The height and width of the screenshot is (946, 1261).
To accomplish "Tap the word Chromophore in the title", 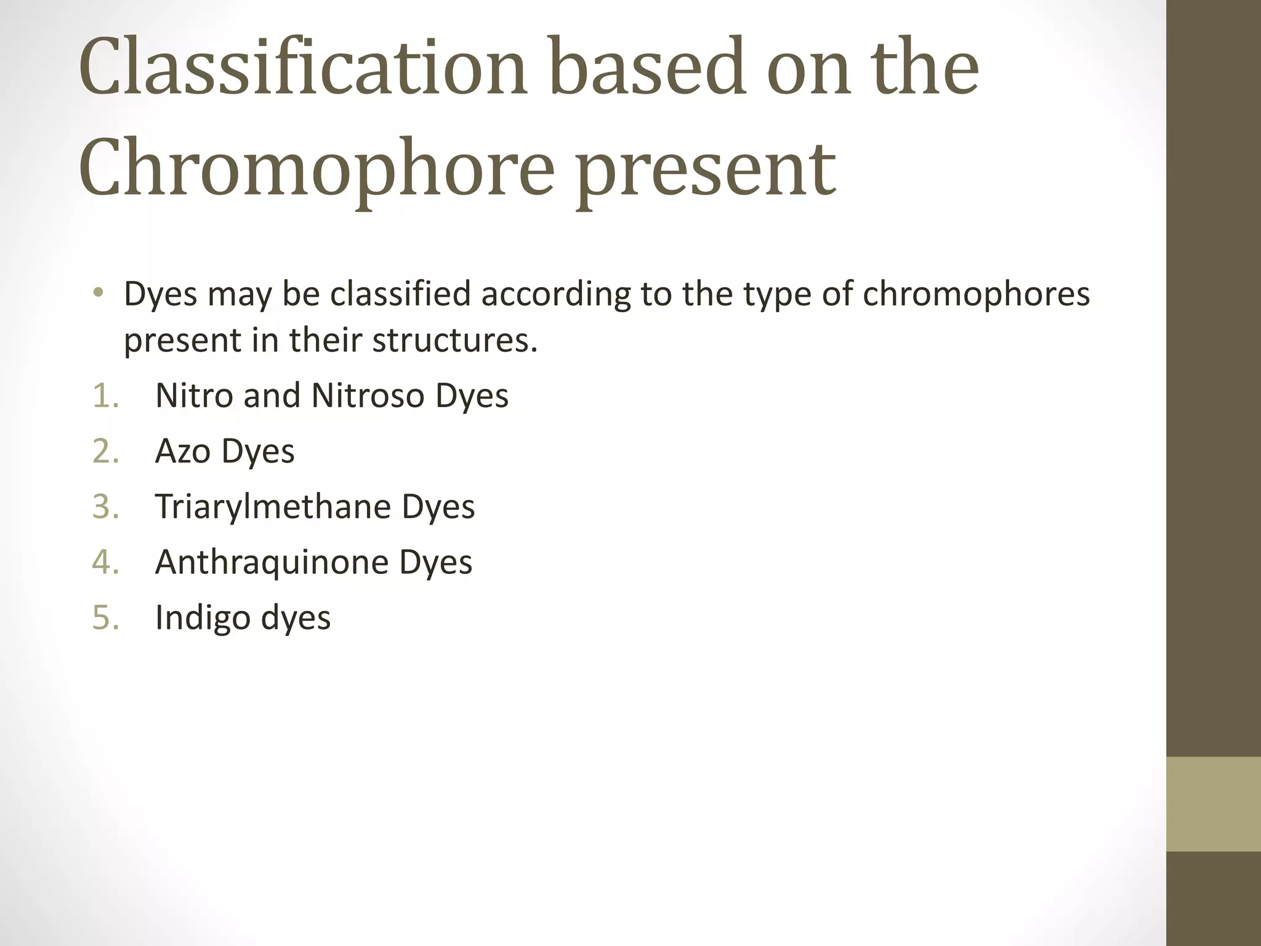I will point(316,168).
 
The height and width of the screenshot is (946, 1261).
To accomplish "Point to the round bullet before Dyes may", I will point(99,293).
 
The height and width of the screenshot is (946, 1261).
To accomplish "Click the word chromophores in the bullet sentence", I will point(976,294).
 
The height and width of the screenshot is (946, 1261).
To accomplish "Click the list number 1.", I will point(105,395).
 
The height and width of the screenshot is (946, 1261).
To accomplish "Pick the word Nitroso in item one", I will point(368,395).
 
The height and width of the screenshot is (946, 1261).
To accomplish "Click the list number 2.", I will point(105,451).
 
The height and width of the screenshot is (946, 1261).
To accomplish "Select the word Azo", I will point(183,451).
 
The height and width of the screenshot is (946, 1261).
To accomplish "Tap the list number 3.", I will point(105,506).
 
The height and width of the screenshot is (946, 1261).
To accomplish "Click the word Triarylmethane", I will point(273,507).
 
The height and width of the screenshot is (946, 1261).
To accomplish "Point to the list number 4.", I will point(105,562).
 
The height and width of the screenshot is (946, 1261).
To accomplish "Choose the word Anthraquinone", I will point(272,562).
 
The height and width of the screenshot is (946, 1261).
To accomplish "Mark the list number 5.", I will point(105,617).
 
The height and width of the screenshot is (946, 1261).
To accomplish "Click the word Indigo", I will point(203,618).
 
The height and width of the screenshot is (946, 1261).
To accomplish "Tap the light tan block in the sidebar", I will point(1213,804).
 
